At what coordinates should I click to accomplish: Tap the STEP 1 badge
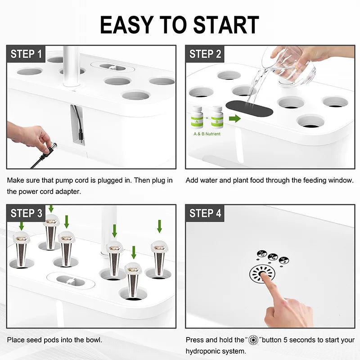26,54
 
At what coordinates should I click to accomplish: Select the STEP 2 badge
205,54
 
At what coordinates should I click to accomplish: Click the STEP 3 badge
26,213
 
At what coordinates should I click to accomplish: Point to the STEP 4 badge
205,213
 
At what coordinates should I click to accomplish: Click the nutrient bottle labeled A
197,117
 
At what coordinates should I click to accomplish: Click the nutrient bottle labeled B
217,117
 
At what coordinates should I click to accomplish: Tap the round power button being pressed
261,274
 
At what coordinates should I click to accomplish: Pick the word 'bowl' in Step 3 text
94,340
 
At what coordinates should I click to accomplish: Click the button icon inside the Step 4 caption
254,340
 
